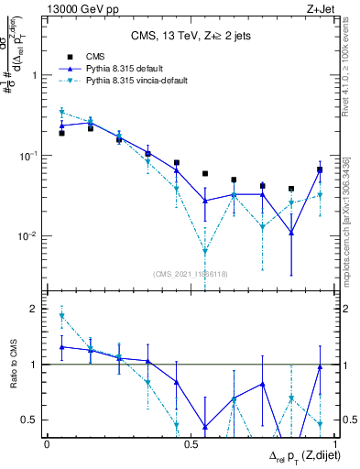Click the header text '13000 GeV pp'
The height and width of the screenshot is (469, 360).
click(74, 9)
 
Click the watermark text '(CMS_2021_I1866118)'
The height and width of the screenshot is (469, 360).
click(191, 274)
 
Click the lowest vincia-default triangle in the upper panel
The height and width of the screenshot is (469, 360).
click(205, 251)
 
